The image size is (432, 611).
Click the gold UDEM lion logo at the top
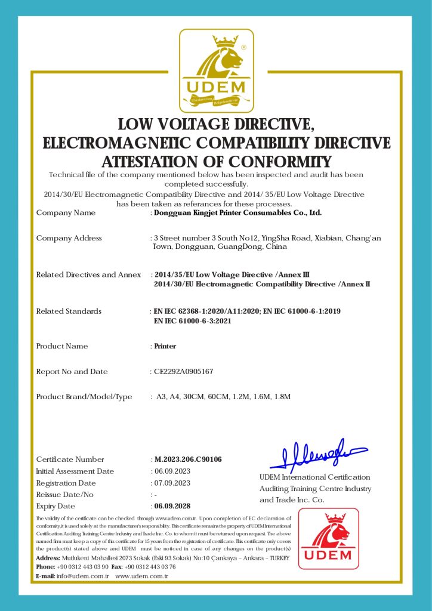coord(217,70)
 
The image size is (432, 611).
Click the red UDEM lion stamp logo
coord(329,538)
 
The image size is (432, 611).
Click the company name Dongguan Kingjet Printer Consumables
coord(237,212)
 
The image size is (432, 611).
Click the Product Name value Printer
coord(165,346)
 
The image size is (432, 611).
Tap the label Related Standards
coord(69,311)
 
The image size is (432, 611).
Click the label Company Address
coord(69,238)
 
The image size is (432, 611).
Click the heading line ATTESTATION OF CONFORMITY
coord(216,162)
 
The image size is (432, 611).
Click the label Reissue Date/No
coord(65,495)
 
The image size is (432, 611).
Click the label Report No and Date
coord(72,372)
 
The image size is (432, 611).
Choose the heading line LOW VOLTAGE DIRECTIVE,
coord(216,125)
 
